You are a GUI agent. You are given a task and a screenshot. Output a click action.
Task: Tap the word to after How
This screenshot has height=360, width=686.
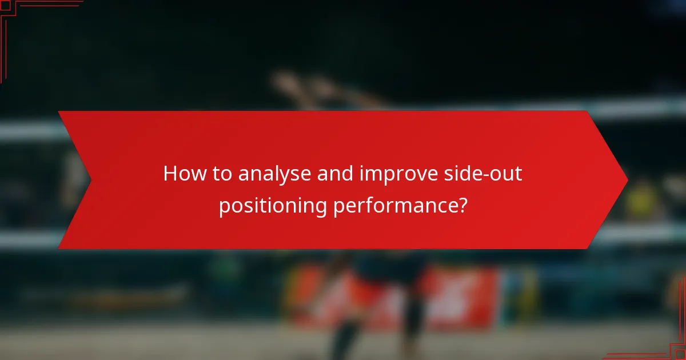pyautogui.click(x=221, y=174)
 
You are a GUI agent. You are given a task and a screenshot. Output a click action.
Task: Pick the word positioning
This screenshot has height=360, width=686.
pyautogui.click(x=272, y=206)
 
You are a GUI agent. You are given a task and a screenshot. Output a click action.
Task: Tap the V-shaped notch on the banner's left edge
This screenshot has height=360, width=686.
pyautogui.click(x=90, y=180)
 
